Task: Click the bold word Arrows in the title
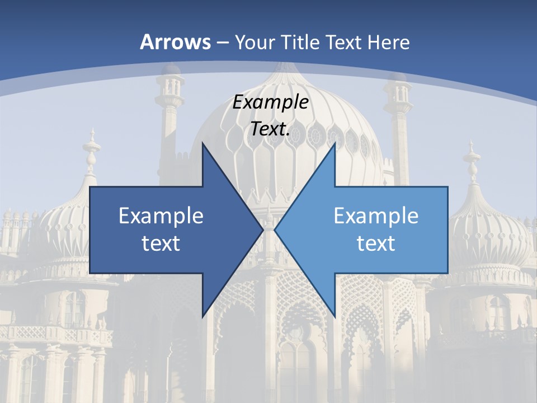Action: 175,42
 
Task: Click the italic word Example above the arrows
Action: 271,102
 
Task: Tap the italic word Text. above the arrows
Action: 271,129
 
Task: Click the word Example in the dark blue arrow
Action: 161,216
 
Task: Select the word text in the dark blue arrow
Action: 161,243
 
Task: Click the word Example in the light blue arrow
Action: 376,216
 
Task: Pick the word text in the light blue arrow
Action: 376,243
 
